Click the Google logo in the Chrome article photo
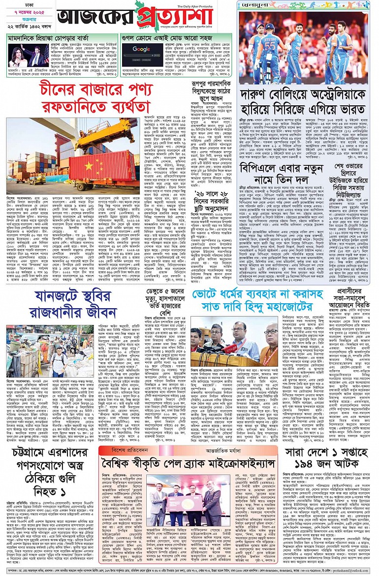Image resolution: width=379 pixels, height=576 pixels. point(141,49)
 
